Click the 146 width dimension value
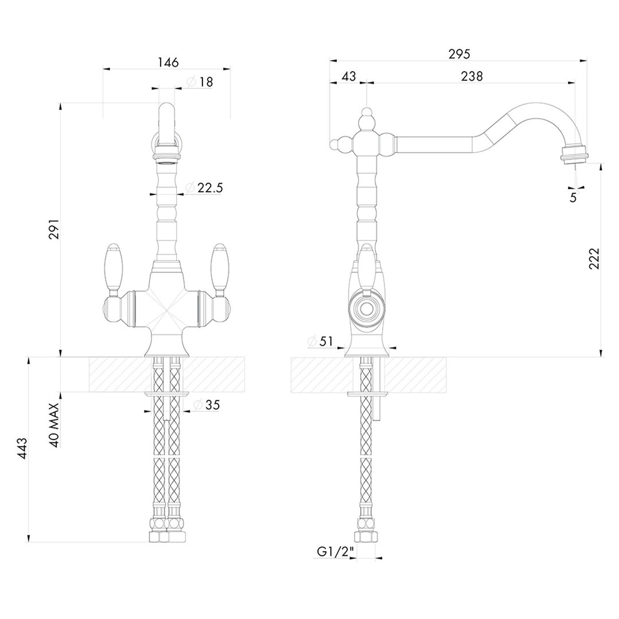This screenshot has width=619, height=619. [166, 61]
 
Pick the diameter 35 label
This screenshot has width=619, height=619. [207, 405]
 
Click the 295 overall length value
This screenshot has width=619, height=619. [459, 54]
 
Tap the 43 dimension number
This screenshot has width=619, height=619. [348, 76]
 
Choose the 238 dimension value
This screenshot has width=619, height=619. [472, 76]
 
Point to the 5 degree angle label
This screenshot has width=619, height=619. [573, 197]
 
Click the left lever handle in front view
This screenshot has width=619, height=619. [112, 267]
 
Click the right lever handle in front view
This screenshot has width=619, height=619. [219, 267]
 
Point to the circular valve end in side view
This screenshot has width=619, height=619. [365, 309]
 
